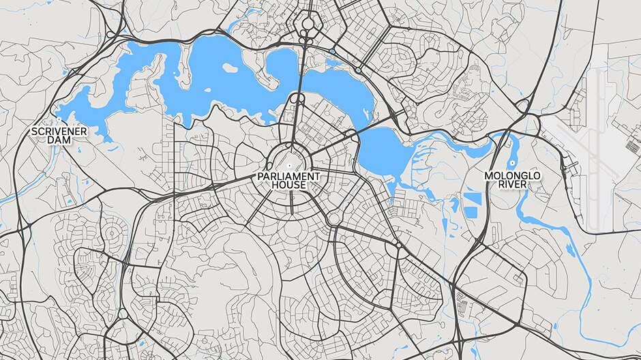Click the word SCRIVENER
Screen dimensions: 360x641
point(59,130)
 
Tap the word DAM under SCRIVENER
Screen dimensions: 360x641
point(59,140)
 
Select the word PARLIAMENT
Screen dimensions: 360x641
point(288,176)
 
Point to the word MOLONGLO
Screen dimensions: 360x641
point(512,176)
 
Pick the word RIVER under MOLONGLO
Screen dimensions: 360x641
point(512,185)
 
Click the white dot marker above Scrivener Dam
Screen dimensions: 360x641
point(59,122)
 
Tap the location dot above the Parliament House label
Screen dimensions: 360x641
point(288,166)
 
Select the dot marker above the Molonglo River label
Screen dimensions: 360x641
point(512,165)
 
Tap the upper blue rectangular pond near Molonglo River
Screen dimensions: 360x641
point(472,200)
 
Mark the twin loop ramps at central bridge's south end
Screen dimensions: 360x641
point(298,100)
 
